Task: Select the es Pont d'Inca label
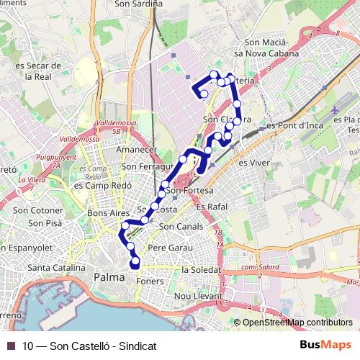pyautogui.click(x=294, y=125)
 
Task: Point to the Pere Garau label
pyautogui.click(x=166, y=248)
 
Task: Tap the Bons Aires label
pyautogui.click(x=107, y=214)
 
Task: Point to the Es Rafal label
pyautogui.click(x=211, y=207)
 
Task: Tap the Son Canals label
pyautogui.click(x=176, y=227)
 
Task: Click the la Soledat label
pyautogui.click(x=201, y=269)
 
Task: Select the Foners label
pyautogui.click(x=150, y=282)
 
